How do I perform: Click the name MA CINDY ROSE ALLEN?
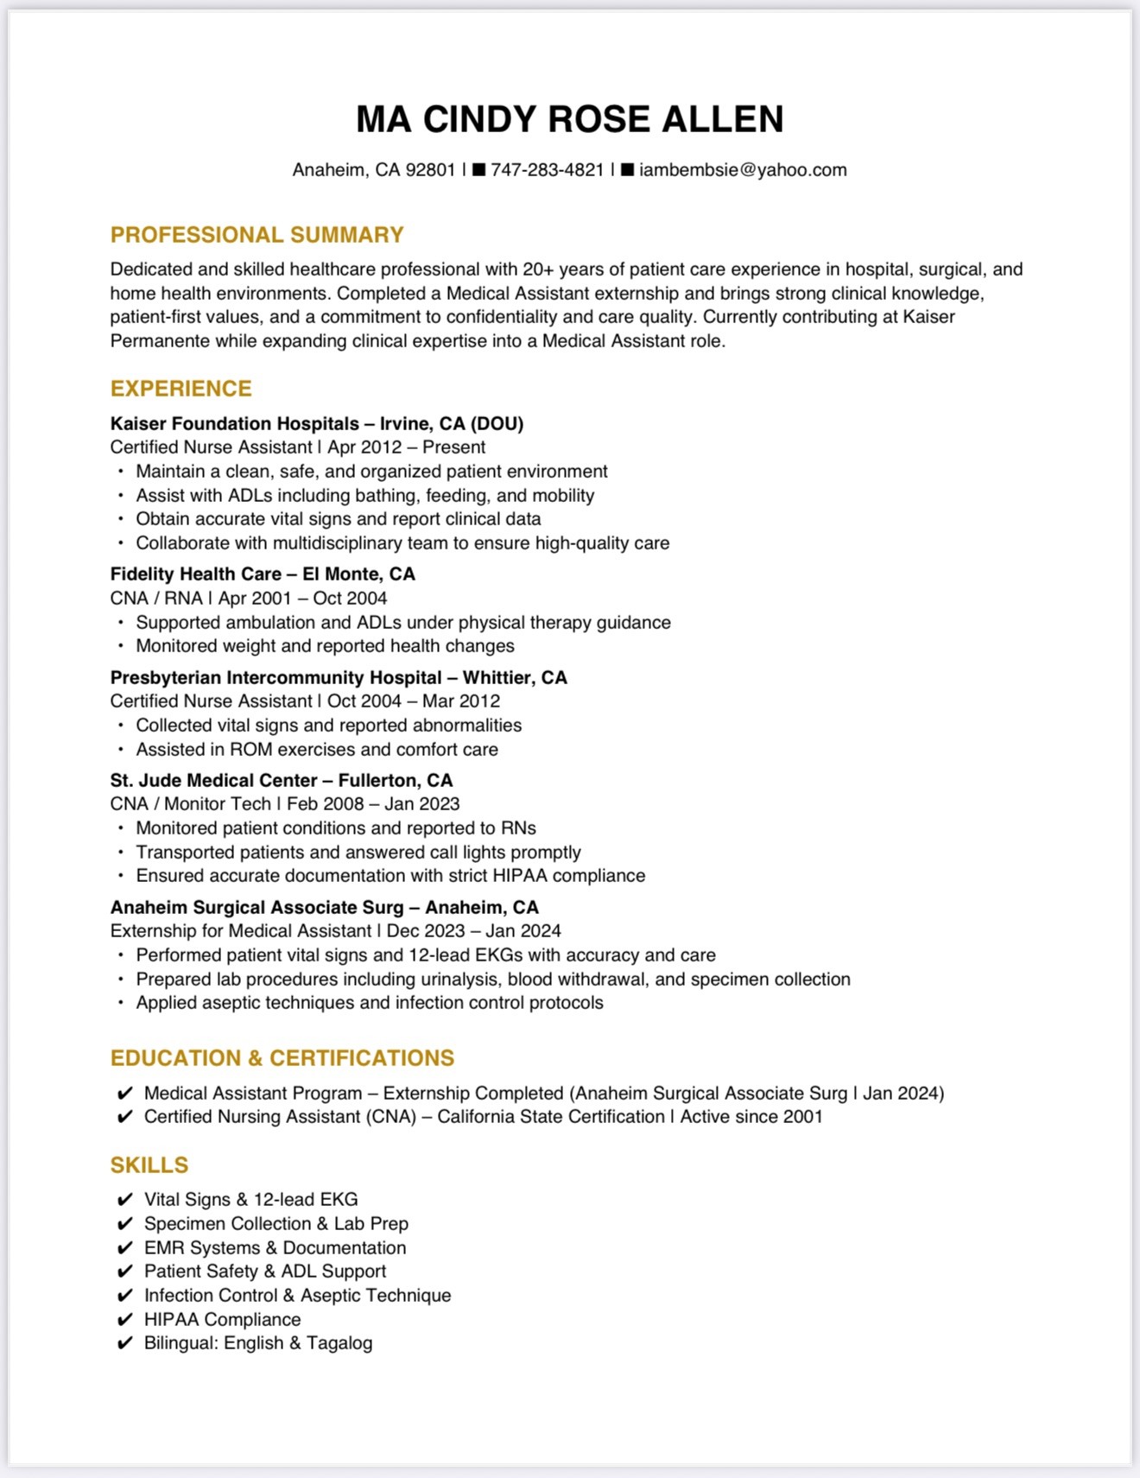[x=569, y=119]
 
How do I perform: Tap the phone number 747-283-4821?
[x=547, y=170]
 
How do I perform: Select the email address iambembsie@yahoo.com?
[x=743, y=170]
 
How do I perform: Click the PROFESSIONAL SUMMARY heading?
[x=256, y=235]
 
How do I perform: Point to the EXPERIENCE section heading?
[x=180, y=389]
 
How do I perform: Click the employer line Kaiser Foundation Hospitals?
[x=317, y=423]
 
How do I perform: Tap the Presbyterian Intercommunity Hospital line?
[x=339, y=677]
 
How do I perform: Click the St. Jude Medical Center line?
[x=281, y=780]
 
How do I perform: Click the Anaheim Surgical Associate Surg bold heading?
[x=324, y=907]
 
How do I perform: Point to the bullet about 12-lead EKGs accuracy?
[x=426, y=955]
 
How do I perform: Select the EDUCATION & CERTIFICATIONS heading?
[x=282, y=1058]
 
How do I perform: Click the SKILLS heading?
[x=149, y=1165]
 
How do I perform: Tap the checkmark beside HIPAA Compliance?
[x=125, y=1319]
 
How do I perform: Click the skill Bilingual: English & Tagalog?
[x=258, y=1342]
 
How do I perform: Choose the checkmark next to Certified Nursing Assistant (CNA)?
[x=125, y=1117]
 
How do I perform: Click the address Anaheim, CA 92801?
[x=373, y=170]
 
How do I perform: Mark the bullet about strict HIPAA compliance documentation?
[x=390, y=875]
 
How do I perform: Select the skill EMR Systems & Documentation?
[x=275, y=1247]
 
